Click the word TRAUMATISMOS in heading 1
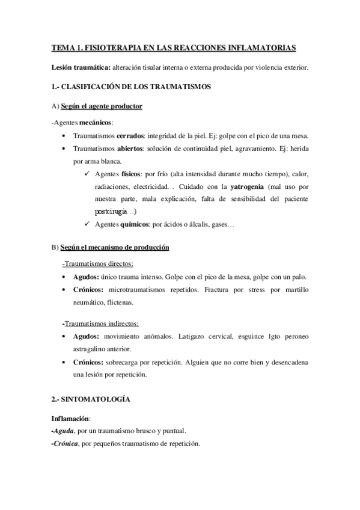[x=177, y=87]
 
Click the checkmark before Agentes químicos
[x=88, y=225]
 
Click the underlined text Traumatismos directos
[x=98, y=263]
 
